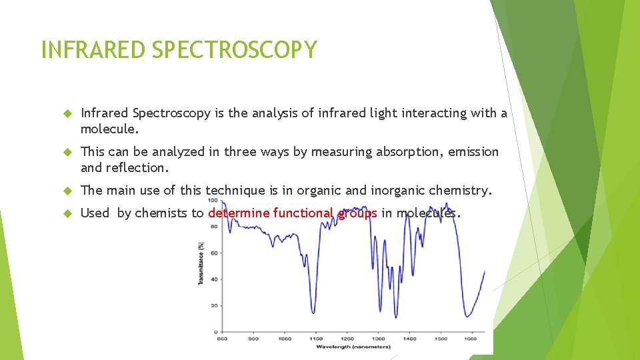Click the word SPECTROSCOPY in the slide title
234,50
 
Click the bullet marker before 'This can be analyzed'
67,153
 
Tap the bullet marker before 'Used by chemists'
67,214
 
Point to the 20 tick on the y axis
215,305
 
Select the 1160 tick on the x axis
315,339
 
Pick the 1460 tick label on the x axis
410,339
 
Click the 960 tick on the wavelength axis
253,339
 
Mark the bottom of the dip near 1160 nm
313,311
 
